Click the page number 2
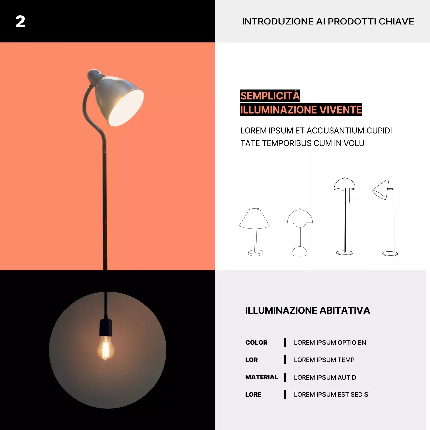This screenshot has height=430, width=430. click(x=20, y=21)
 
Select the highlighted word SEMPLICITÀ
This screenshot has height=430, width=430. click(x=270, y=96)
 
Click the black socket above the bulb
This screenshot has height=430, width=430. click(x=106, y=328)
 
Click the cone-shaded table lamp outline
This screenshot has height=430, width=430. click(x=255, y=232)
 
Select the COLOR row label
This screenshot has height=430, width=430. click(x=256, y=343)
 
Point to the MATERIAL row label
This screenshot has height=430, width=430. click(x=262, y=377)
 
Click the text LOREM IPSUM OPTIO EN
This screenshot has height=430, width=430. click(x=330, y=343)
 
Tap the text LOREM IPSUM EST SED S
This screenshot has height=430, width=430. click(x=331, y=395)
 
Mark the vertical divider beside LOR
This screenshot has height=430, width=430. click(x=285, y=360)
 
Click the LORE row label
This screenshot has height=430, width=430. click(x=253, y=395)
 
